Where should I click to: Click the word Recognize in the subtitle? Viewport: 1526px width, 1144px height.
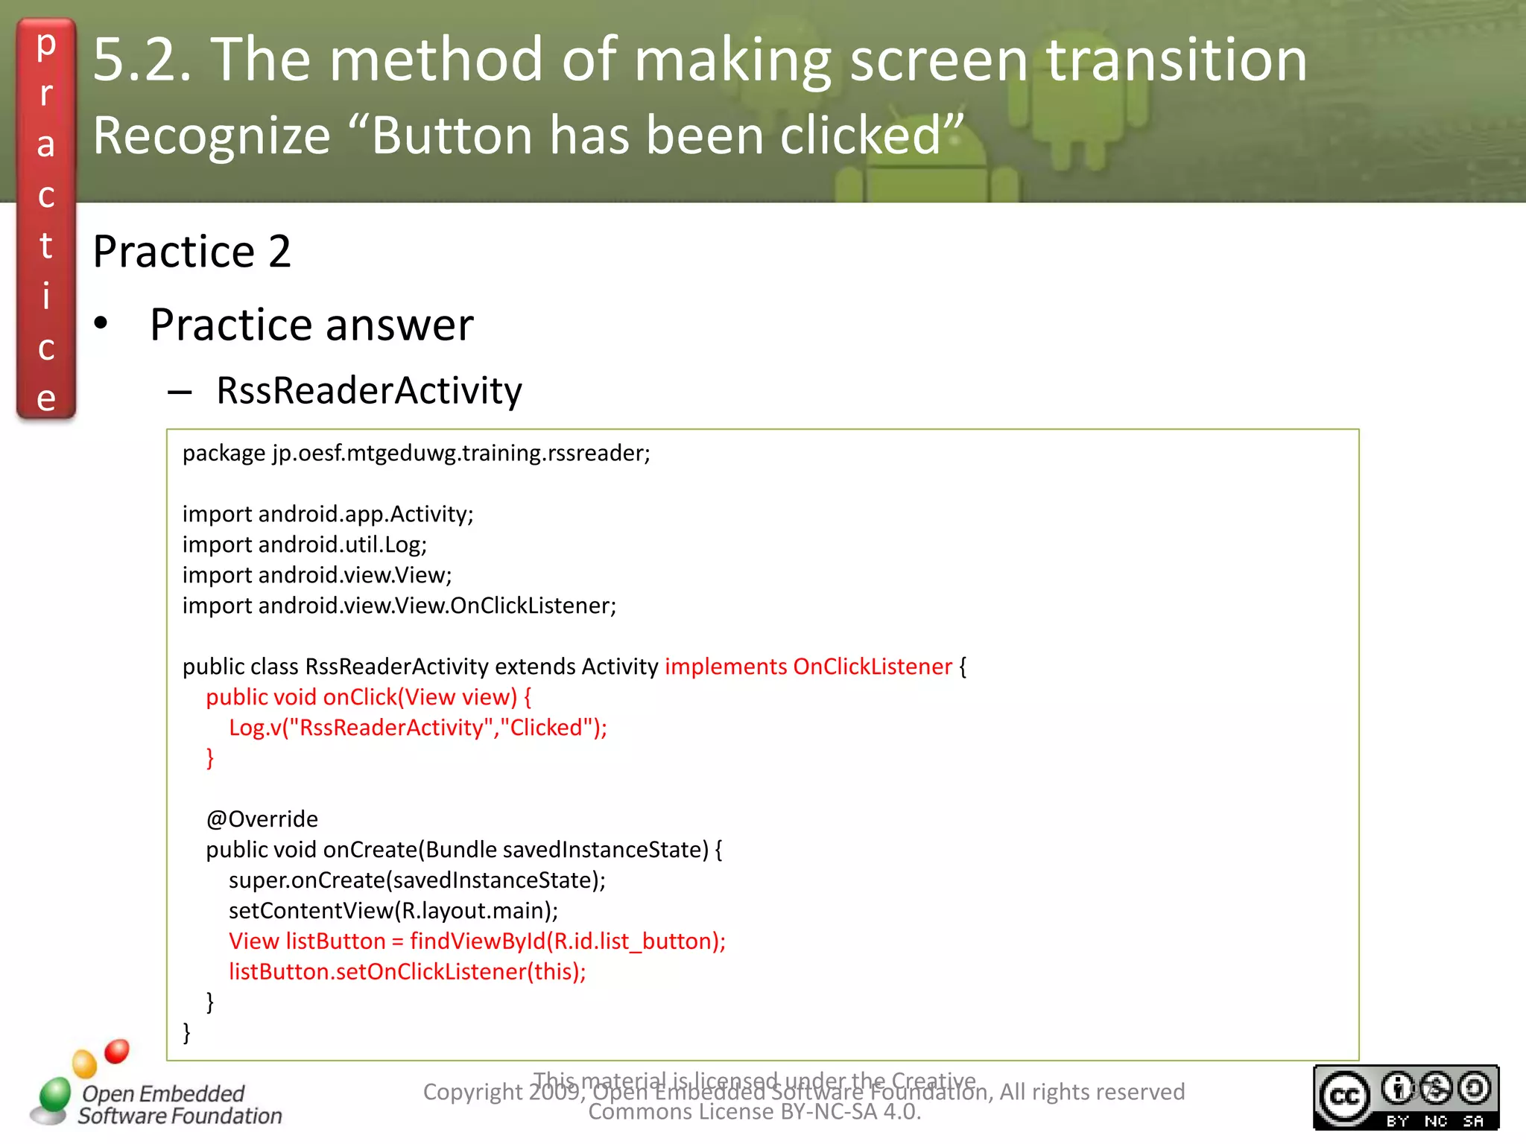[x=212, y=136]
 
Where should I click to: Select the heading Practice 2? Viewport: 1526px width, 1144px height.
[x=191, y=251]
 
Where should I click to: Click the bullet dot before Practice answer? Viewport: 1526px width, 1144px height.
[x=101, y=324]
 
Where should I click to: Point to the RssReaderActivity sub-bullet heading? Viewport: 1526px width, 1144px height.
[x=369, y=390]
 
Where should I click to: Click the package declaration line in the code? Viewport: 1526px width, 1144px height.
[x=416, y=453]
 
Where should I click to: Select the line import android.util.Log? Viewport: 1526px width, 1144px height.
[x=304, y=544]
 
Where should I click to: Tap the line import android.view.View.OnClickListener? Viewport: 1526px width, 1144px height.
[x=399, y=606]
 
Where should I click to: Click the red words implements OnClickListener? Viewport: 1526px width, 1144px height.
[x=808, y=667]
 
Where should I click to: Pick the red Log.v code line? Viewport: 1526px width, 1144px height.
[x=417, y=728]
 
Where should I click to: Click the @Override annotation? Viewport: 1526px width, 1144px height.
[x=262, y=819]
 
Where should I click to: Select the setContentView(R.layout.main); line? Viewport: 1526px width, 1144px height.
[x=393, y=911]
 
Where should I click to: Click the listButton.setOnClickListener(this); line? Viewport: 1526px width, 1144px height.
[x=407, y=972]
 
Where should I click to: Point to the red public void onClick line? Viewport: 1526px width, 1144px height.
[x=368, y=697]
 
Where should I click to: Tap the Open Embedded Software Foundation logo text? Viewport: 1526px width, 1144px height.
[x=179, y=1105]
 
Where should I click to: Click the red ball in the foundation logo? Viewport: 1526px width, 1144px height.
[x=117, y=1051]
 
